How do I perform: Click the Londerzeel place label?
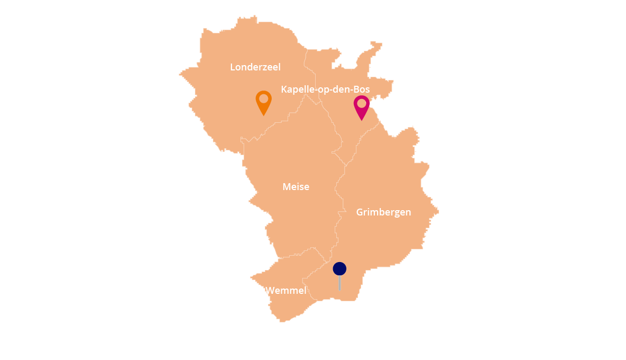tap(255, 67)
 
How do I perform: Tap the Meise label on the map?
tap(296, 187)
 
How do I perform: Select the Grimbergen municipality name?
tap(383, 212)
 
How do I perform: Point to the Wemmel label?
tap(286, 291)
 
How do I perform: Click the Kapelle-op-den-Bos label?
tap(325, 89)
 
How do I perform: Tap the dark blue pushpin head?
tap(339, 269)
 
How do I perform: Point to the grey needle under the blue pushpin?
tap(339, 283)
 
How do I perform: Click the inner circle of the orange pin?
tap(264, 98)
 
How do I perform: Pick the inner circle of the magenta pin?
tap(362, 103)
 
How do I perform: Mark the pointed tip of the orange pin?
tap(264, 115)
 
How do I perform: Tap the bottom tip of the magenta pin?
tap(362, 120)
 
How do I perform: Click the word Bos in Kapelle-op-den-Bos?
tap(362, 89)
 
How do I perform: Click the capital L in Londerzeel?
tap(232, 67)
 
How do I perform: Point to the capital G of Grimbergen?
tap(360, 212)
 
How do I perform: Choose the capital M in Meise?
tap(287, 187)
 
